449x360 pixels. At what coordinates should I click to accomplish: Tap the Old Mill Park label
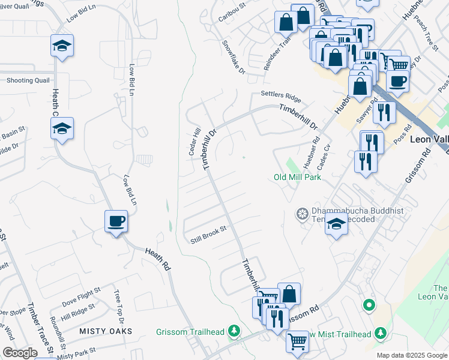pyautogui.click(x=297, y=177)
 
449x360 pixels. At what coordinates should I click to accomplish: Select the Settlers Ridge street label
pyautogui.click(x=280, y=96)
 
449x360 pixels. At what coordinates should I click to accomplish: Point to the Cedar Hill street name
pyautogui.click(x=194, y=142)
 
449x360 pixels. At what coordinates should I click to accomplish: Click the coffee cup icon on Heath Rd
pyautogui.click(x=116, y=221)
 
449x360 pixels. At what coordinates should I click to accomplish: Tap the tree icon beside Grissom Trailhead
pyautogui.click(x=234, y=331)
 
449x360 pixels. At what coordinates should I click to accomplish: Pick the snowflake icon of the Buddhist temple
pyautogui.click(x=302, y=213)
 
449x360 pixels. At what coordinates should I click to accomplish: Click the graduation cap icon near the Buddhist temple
pyautogui.click(x=336, y=225)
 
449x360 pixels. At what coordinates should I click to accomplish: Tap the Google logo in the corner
pyautogui.click(x=20, y=352)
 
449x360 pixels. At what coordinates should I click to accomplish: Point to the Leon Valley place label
pyautogui.click(x=429, y=138)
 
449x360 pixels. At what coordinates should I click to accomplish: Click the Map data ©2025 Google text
pyautogui.click(x=411, y=355)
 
